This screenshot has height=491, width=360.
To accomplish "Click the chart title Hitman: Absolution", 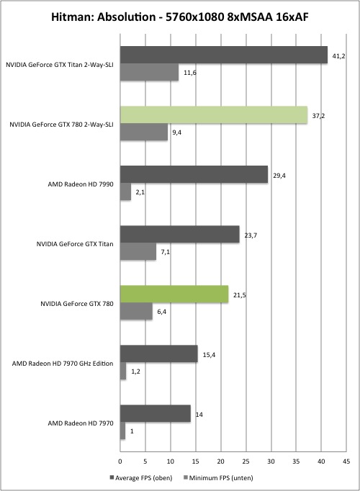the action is (103, 17).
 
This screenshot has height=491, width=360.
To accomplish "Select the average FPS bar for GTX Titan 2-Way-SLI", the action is (224, 55).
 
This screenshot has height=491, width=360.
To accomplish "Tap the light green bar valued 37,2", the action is (214, 115).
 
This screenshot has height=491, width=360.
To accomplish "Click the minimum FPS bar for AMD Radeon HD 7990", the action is (125, 192).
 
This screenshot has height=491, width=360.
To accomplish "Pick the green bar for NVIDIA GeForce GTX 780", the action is (174, 294).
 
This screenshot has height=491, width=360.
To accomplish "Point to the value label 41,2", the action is (338, 56).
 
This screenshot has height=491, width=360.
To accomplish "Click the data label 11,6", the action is (189, 73).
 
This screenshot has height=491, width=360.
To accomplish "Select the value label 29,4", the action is (279, 176).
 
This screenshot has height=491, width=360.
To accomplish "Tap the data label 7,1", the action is (166, 252).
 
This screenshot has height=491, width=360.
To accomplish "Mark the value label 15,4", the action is (209, 355).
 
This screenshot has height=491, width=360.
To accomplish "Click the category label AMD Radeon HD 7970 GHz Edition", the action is (63, 364).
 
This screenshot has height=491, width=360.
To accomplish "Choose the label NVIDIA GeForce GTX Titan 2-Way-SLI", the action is (60, 65).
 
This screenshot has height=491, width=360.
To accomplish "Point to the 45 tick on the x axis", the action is (346, 461).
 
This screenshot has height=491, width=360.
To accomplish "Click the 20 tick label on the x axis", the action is (221, 461).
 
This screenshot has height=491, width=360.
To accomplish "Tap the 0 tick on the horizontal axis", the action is (120, 461).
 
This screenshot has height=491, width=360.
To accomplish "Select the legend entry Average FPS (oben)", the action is (141, 478).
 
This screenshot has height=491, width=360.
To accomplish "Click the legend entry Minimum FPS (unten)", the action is (218, 478).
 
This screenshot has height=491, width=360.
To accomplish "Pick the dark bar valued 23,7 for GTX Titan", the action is (180, 234).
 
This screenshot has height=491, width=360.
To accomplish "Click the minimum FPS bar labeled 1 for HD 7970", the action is (122, 431).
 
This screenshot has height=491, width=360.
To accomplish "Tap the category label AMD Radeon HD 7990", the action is (81, 184).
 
